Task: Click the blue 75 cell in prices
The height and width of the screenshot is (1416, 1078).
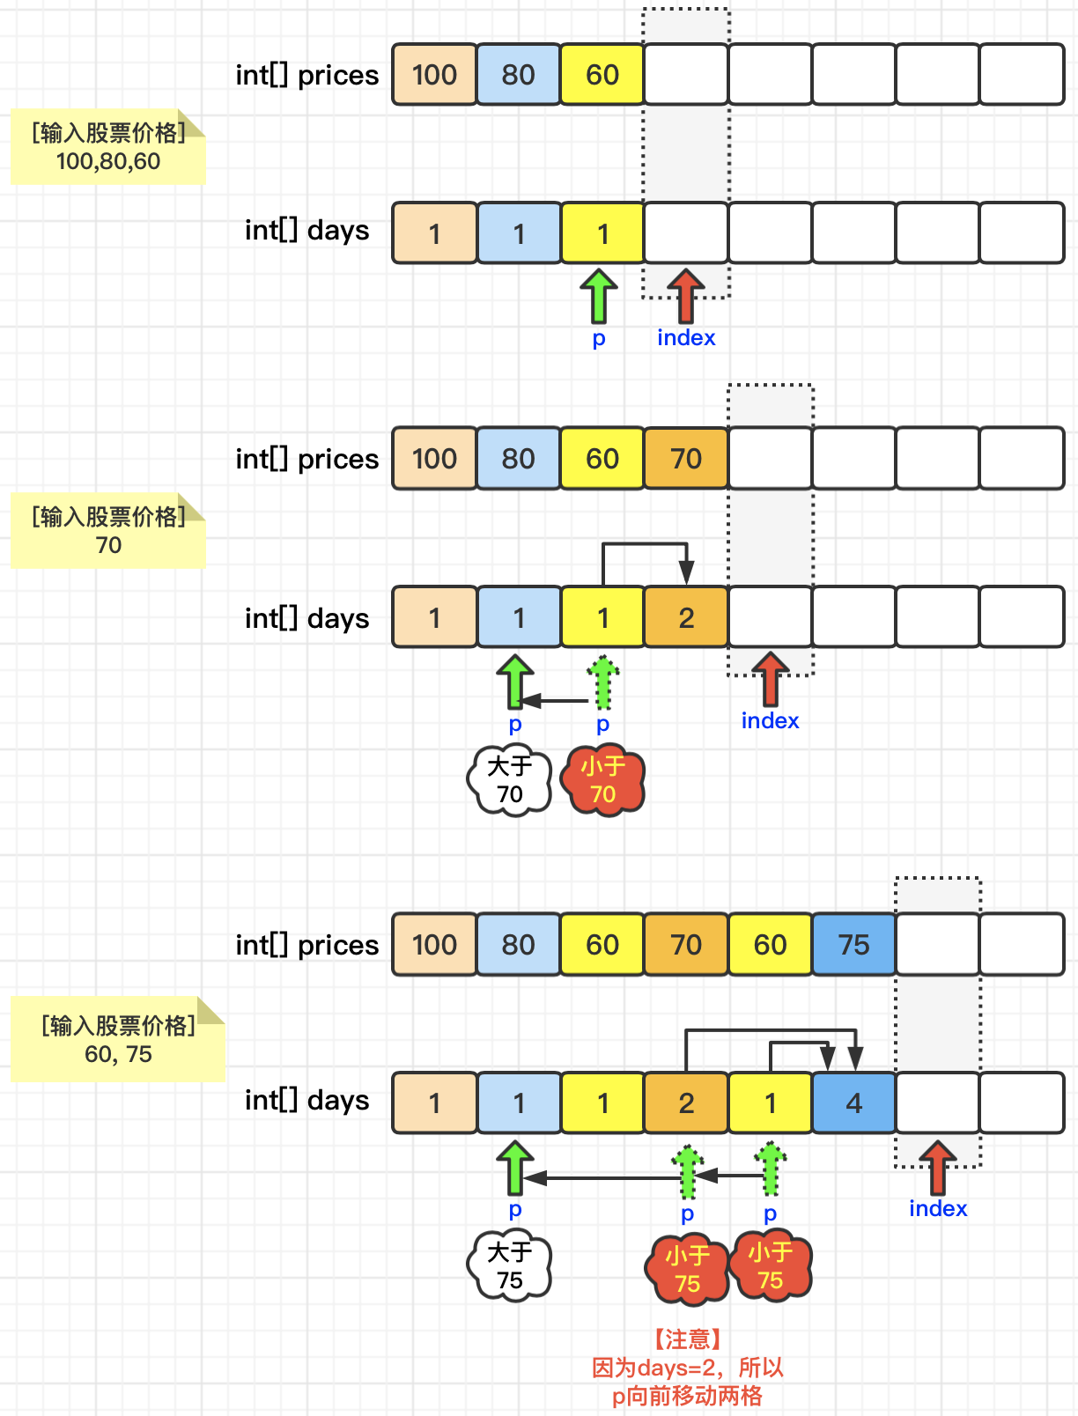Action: pyautogui.click(x=853, y=944)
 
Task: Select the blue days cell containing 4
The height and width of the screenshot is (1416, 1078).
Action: pyautogui.click(x=853, y=1103)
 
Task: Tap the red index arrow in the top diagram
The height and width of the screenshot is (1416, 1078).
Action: pyautogui.click(x=685, y=294)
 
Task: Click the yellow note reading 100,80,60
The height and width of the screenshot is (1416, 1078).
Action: pyautogui.click(x=107, y=147)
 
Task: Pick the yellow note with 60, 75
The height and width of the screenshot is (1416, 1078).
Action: pyautogui.click(x=118, y=1040)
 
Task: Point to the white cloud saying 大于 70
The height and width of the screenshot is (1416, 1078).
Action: pyautogui.click(x=509, y=780)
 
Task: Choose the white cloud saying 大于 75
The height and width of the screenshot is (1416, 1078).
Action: pyautogui.click(x=509, y=1266)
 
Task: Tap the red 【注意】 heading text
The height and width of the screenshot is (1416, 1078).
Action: pyautogui.click(x=687, y=1339)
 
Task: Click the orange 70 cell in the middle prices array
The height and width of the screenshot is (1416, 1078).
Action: pyautogui.click(x=686, y=458)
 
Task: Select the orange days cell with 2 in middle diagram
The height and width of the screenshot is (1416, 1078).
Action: pyautogui.click(x=686, y=617)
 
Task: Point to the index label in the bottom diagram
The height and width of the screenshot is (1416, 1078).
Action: pyautogui.click(x=938, y=1208)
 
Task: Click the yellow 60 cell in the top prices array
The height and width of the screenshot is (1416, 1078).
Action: pyautogui.click(x=602, y=75)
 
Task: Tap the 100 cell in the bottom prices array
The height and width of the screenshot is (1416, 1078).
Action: pyautogui.click(x=434, y=944)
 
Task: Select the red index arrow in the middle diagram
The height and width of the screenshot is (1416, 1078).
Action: pyautogui.click(x=771, y=678)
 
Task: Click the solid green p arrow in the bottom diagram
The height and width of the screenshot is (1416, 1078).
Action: pyautogui.click(x=515, y=1168)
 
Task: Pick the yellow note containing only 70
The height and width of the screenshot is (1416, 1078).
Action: pyautogui.click(x=107, y=531)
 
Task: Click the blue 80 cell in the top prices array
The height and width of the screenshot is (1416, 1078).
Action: pyautogui.click(x=518, y=75)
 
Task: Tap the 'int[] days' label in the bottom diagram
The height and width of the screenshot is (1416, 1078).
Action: pyautogui.click(x=306, y=1100)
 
